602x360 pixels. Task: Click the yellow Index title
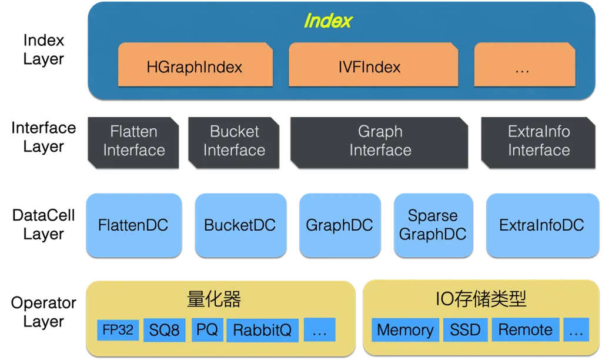[328, 21]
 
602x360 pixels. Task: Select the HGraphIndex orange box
[195, 65]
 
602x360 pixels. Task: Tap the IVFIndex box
[373, 65]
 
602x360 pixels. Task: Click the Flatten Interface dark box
[133, 142]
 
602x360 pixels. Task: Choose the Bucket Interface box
[234, 142]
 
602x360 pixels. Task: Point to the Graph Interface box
[379, 142]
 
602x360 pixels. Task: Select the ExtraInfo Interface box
[539, 142]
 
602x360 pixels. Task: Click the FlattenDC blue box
[134, 225]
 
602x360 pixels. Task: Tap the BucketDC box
[240, 225]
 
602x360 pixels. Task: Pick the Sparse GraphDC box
[433, 225]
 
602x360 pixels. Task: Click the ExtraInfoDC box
[543, 225]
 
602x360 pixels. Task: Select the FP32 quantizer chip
[118, 329]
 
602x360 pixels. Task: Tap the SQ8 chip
[165, 329]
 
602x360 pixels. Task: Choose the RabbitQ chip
[263, 330]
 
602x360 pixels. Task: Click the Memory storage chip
[406, 329]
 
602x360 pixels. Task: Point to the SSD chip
[466, 329]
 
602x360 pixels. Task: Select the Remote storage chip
[526, 329]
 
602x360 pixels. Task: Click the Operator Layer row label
[44, 312]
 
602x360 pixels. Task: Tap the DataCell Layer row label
[44, 224]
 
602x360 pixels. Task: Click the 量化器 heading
[214, 299]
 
